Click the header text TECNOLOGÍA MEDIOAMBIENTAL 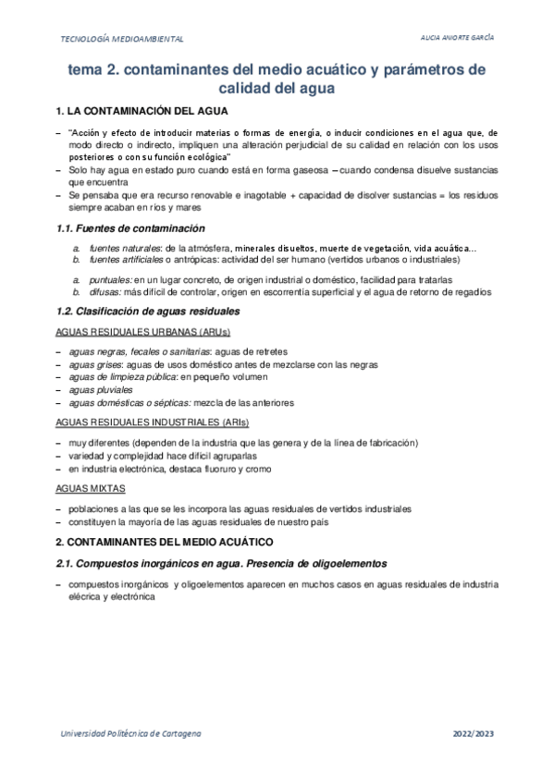coord(122,40)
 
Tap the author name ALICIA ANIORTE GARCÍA coord(457,39)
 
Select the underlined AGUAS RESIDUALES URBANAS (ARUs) coord(142,332)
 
